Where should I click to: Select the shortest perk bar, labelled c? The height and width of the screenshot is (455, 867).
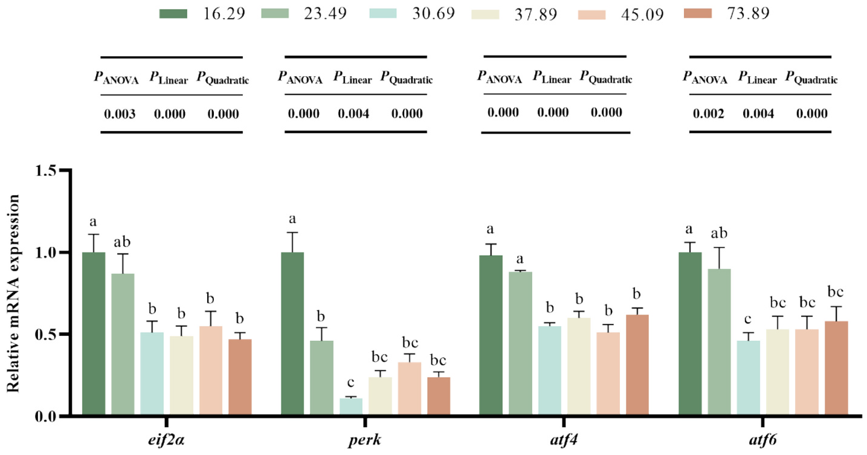click(351, 407)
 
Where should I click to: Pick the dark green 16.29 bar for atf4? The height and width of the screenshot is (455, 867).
click(490, 336)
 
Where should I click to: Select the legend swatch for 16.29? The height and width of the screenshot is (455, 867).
click(173, 13)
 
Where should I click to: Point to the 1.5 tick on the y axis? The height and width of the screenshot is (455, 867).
click(51, 171)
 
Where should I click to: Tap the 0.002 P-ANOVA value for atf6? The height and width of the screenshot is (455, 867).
click(704, 114)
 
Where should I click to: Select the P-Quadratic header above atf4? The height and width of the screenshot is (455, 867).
click(606, 78)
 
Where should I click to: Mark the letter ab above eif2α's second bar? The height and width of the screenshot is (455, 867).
click(123, 243)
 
